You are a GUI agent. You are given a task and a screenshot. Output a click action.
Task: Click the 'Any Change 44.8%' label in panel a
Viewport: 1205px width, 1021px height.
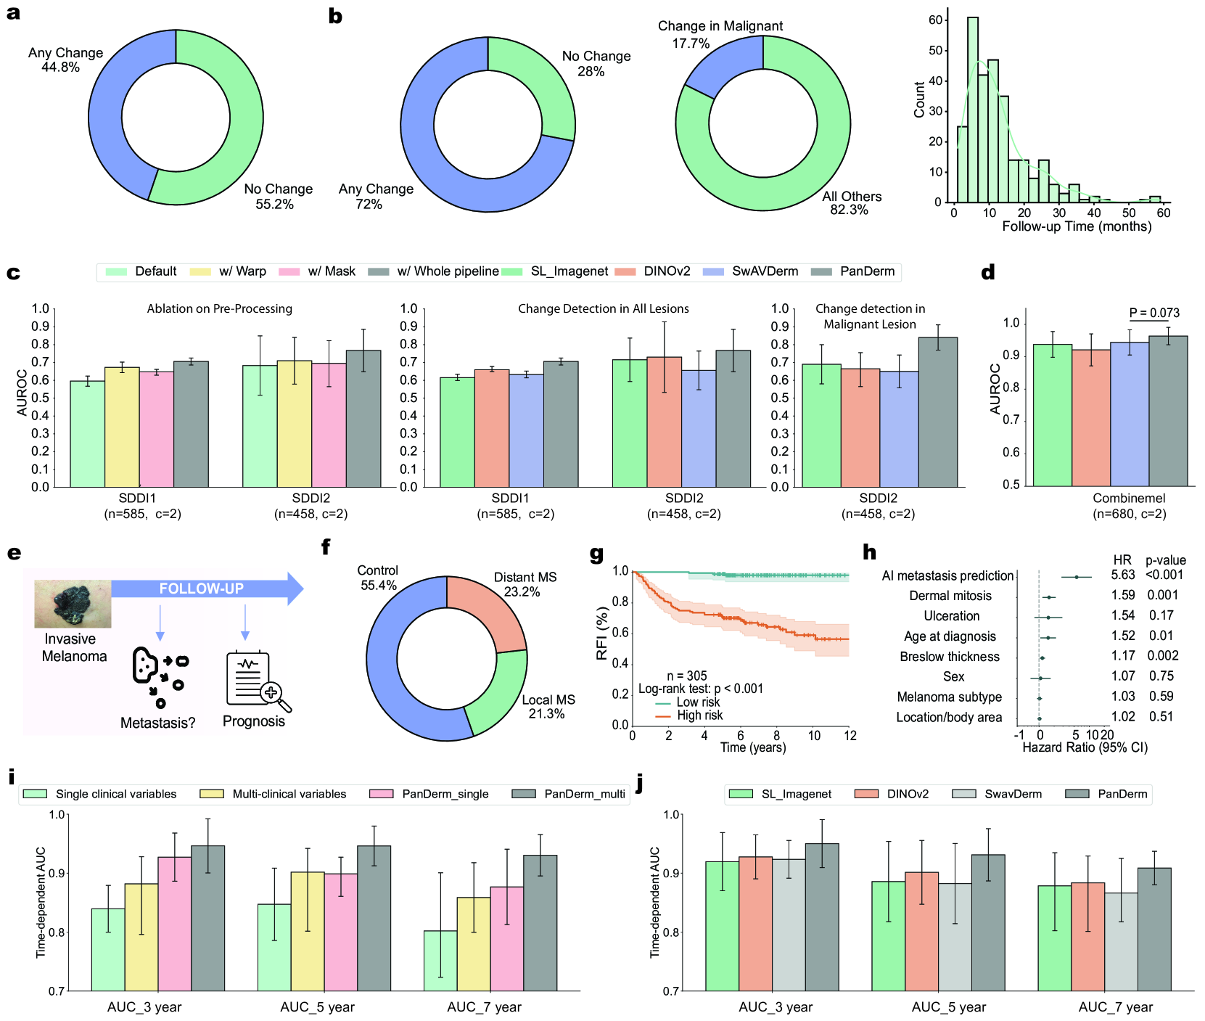click(x=65, y=60)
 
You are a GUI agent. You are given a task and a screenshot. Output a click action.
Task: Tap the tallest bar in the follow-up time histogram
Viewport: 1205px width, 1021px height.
click(x=972, y=109)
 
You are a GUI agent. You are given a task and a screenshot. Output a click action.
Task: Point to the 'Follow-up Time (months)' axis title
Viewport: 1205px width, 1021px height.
click(x=1076, y=226)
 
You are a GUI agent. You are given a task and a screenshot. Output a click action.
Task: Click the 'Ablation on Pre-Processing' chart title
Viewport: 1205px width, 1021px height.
click(x=219, y=309)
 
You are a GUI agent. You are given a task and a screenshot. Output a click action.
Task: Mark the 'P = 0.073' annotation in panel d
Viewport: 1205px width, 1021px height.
click(x=1153, y=313)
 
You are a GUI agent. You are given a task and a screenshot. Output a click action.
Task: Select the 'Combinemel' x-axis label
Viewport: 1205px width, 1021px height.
click(x=1128, y=499)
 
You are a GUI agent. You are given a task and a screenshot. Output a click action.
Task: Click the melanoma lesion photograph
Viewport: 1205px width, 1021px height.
click(x=73, y=604)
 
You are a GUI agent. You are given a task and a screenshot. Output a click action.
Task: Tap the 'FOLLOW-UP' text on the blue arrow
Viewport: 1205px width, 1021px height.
click(x=201, y=589)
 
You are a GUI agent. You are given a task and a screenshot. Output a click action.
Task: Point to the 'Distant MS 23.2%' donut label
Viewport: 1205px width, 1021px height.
click(x=525, y=585)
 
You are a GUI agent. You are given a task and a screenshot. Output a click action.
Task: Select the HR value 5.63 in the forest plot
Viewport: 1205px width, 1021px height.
click(x=1122, y=575)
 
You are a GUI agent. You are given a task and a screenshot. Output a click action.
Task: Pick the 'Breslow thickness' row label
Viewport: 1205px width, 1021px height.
click(x=949, y=657)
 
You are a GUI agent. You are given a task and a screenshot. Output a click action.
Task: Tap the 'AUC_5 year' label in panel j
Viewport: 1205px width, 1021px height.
click(x=948, y=1007)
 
